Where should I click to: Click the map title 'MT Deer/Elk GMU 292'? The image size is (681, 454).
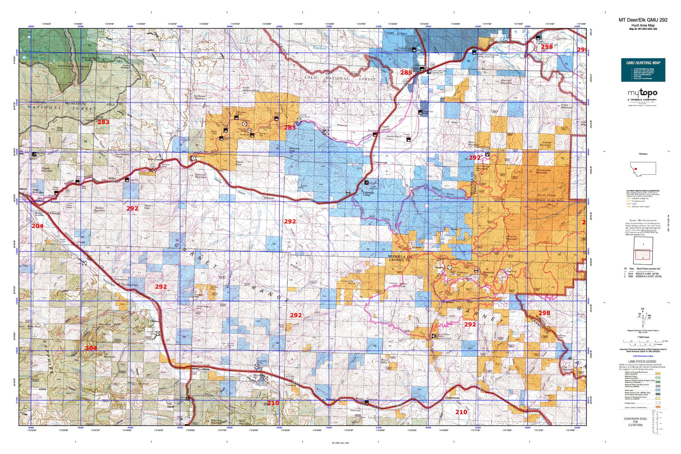click(x=643, y=20)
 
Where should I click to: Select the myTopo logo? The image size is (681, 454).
click(x=643, y=93)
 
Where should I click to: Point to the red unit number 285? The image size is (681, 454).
click(x=406, y=73)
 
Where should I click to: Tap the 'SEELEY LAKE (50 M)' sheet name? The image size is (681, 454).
click(x=649, y=273)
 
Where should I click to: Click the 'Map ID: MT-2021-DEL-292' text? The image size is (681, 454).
click(x=643, y=29)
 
